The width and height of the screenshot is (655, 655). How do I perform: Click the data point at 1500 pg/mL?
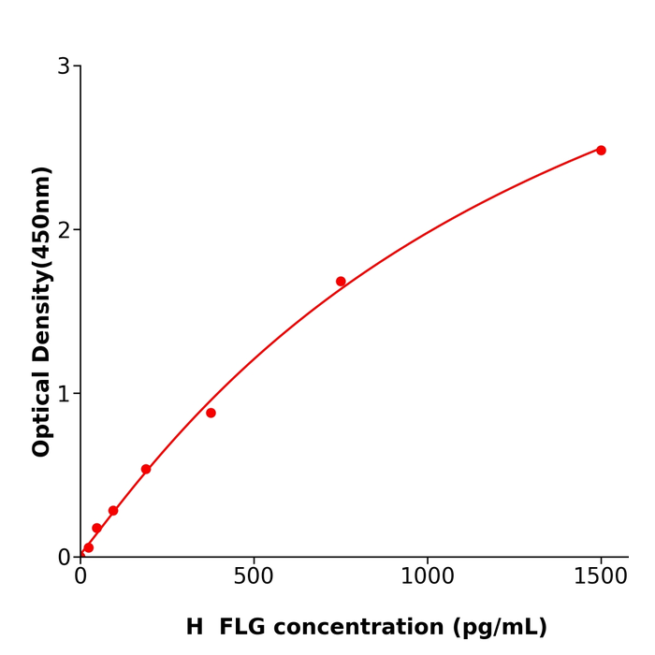coord(601,150)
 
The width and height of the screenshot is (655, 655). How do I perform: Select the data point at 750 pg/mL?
coord(341,282)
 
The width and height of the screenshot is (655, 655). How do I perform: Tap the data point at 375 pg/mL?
coord(211,413)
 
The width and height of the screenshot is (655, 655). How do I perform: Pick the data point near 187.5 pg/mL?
coord(146,469)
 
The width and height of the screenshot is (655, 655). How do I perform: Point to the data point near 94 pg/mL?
coord(113,511)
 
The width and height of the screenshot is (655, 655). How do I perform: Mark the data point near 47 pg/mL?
coord(96,529)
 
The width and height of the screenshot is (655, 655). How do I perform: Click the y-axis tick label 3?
coord(64,66)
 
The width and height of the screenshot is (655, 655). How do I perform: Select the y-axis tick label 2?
coord(64,230)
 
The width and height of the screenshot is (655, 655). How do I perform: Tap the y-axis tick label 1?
coord(64,394)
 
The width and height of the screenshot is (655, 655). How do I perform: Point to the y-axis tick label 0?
coord(64,558)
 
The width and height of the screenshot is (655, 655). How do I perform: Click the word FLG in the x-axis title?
coord(242,628)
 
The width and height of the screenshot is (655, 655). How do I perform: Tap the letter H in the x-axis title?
coord(195,628)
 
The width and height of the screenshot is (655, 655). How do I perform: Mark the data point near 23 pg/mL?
coord(89,547)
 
